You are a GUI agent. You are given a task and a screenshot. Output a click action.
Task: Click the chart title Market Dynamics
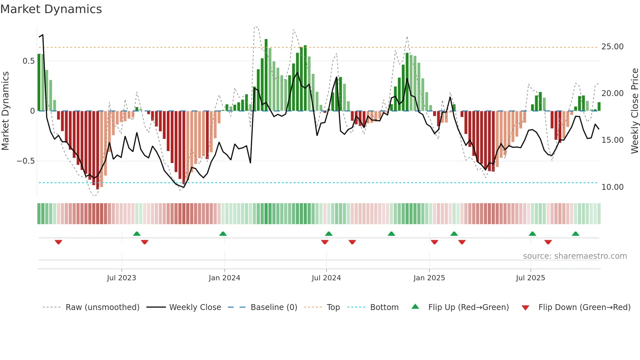[x=51, y=9]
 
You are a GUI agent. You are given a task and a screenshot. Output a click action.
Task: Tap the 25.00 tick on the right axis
[x=612, y=47]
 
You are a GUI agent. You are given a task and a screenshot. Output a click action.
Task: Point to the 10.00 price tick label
[x=612, y=187]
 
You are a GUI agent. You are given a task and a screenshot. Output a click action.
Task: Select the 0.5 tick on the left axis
[x=29, y=61]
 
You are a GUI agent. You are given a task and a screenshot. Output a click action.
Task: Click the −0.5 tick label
[x=26, y=161]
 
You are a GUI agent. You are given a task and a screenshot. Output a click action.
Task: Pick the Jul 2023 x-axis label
[x=121, y=278]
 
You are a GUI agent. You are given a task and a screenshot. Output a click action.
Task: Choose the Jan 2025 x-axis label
[x=429, y=278]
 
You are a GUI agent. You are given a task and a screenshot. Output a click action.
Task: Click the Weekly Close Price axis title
[x=634, y=111]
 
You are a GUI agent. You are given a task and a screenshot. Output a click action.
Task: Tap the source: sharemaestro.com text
[x=575, y=256]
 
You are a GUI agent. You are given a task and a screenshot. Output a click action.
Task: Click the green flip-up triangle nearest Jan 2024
[x=223, y=234]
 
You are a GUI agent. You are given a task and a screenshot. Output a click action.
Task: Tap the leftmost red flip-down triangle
[x=58, y=242]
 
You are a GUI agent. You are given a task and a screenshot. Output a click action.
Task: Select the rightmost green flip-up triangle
[x=576, y=234]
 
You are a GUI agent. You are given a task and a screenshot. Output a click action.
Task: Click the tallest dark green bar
[x=266, y=75]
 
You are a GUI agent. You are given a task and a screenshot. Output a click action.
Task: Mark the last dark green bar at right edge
[x=599, y=107]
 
